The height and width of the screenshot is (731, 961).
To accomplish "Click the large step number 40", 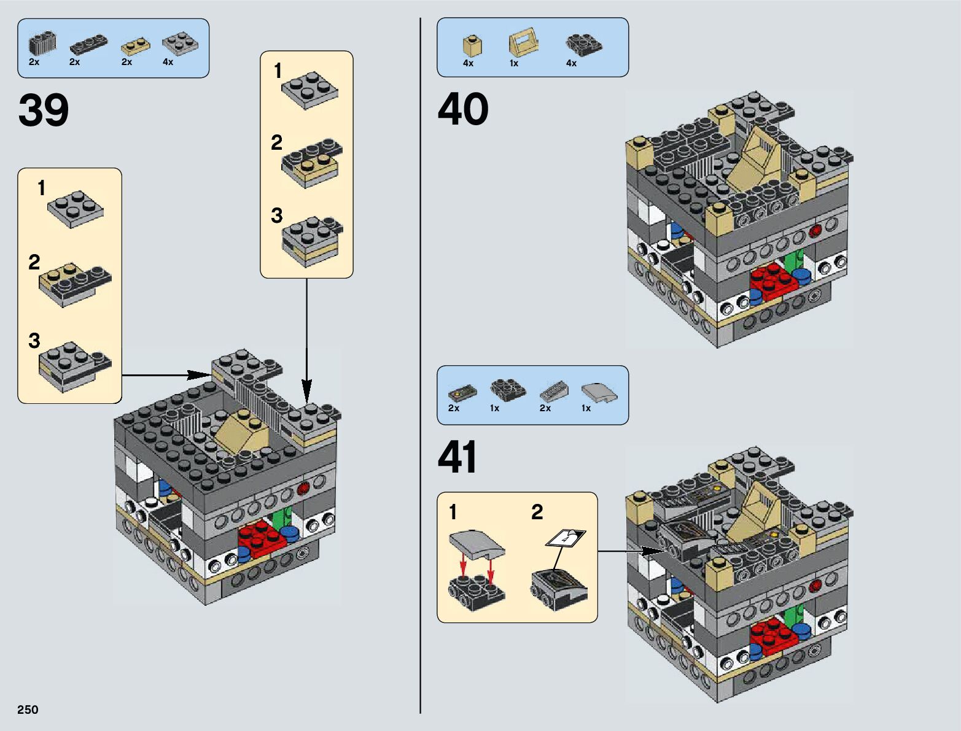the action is click(463, 109).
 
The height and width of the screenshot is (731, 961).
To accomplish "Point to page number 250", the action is click(28, 710).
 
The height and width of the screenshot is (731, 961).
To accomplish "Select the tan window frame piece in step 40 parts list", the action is click(523, 43).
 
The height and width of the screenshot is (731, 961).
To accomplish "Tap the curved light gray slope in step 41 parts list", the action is click(599, 393).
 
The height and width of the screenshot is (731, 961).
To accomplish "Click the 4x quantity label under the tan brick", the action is click(468, 63).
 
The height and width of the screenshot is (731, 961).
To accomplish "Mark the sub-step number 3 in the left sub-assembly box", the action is click(34, 341).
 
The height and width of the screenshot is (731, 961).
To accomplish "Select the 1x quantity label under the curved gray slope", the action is click(586, 408).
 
